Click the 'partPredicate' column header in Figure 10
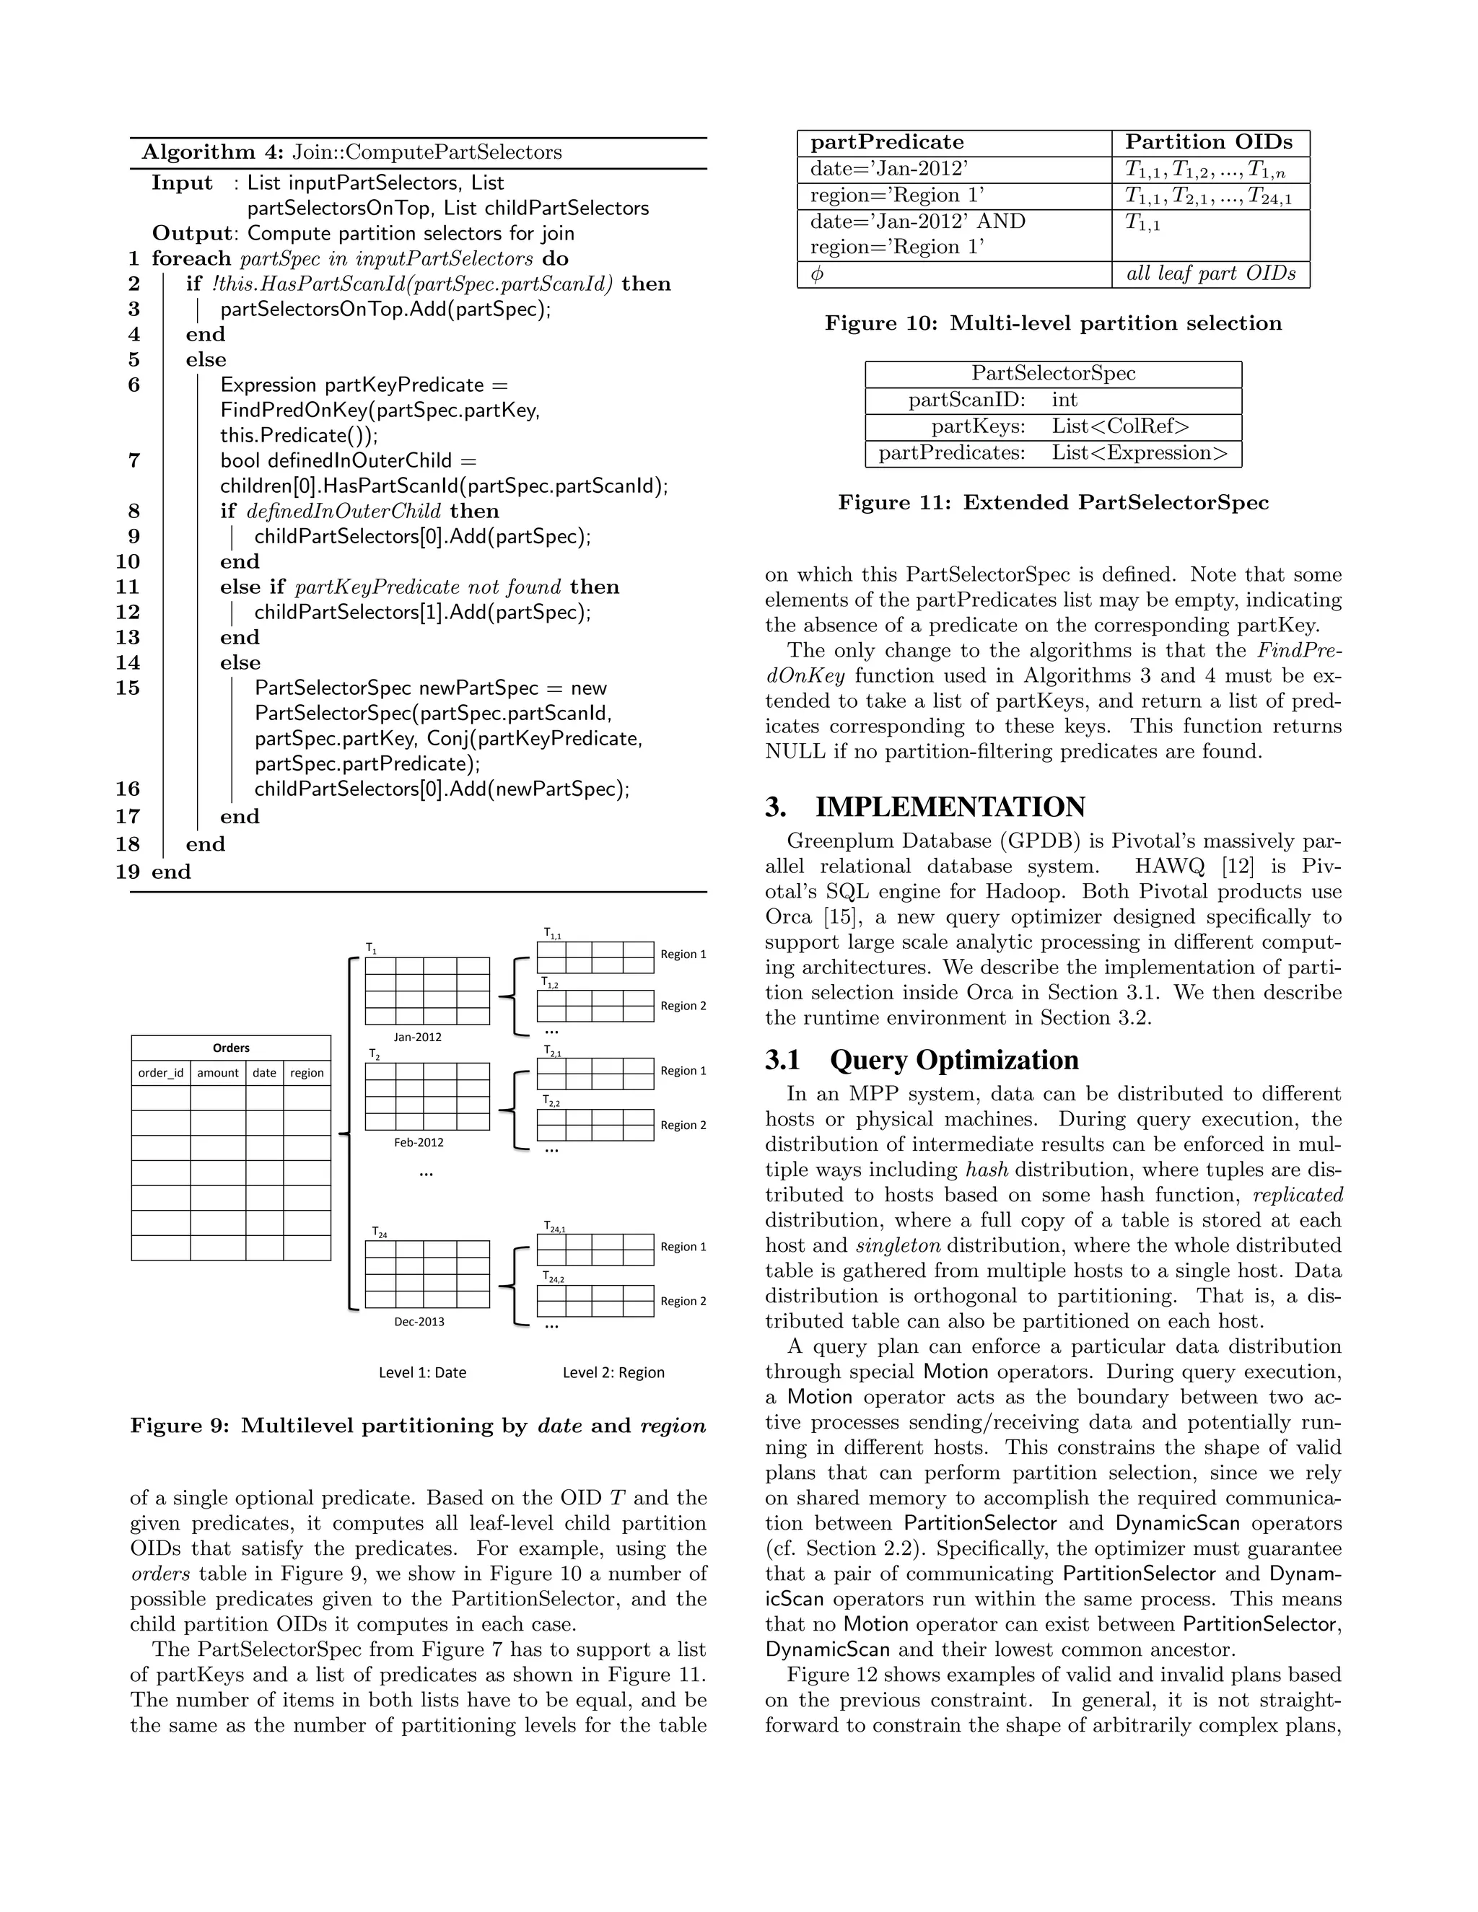[x=886, y=143]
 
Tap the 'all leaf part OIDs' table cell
[x=1210, y=274]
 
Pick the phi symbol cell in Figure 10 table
[x=817, y=275]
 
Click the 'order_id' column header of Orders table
[x=161, y=1074]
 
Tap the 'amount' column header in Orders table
[x=218, y=1074]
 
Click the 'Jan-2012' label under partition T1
[x=418, y=1038]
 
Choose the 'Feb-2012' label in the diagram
[x=419, y=1142]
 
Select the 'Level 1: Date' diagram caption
[x=422, y=1373]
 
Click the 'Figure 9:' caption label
[x=180, y=1426]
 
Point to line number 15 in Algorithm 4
[x=128, y=688]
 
